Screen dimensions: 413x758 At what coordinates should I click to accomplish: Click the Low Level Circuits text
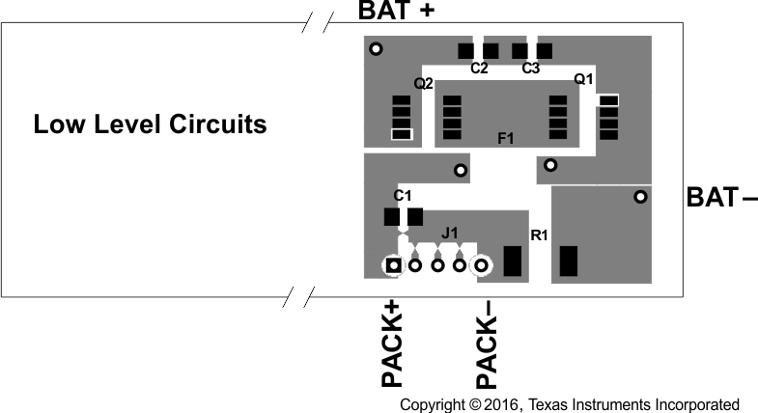(150, 124)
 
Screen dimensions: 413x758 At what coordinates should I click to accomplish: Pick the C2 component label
(479, 69)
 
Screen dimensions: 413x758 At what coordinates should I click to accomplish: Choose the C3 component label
(530, 69)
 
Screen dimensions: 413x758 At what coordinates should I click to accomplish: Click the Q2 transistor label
(423, 84)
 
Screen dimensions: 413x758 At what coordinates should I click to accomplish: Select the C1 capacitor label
(403, 196)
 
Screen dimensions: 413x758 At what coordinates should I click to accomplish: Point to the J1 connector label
(449, 233)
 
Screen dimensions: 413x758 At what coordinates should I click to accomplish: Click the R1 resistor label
(539, 234)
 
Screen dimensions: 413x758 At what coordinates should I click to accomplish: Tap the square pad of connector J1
(393, 264)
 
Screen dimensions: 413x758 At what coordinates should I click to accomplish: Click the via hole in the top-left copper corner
(376, 48)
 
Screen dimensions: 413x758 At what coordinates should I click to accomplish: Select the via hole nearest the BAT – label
(639, 197)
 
